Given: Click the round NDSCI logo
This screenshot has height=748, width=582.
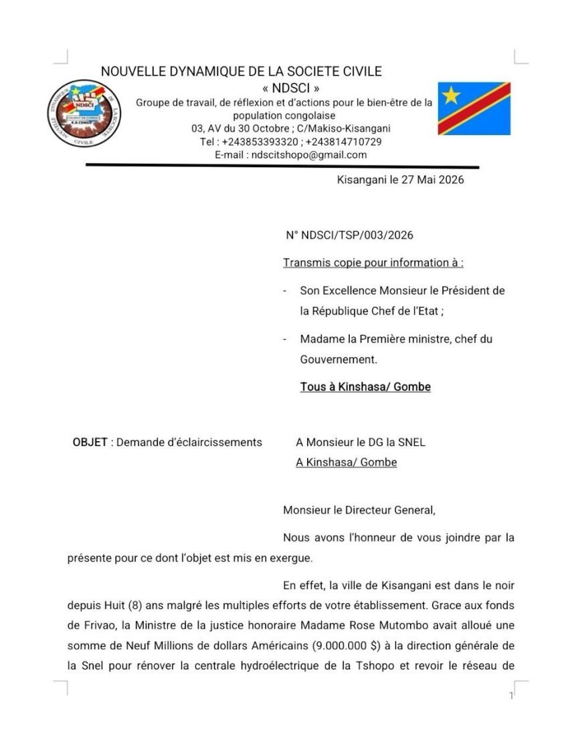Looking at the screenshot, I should tap(82, 114).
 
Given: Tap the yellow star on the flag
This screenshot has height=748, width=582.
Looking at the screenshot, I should tap(452, 96).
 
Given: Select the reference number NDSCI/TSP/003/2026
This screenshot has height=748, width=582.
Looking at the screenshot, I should tap(358, 235).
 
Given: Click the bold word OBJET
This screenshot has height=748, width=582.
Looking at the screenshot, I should tap(90, 443).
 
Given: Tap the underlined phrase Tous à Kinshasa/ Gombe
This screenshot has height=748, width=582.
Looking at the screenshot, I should tap(365, 387).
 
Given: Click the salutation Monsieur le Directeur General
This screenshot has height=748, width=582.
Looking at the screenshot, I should tap(359, 510).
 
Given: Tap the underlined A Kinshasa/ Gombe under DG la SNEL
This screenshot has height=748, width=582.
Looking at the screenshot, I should tap(347, 462).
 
